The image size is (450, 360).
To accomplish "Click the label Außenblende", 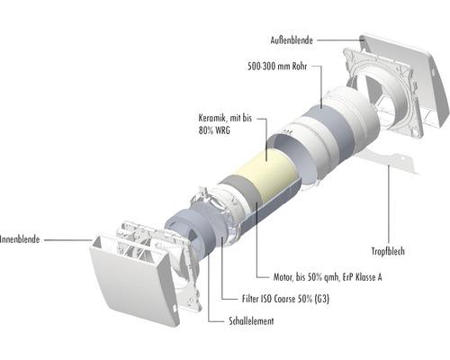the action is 292,40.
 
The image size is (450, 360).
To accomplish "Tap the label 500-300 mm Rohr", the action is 277,67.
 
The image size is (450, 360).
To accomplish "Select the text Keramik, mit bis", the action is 225,118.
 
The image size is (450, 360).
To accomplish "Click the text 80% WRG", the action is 214,130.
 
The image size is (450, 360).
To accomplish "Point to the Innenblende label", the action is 20,239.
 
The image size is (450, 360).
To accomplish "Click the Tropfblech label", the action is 388,251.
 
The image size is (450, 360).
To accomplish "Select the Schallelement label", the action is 251,321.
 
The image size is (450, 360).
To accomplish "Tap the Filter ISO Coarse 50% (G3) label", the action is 285,299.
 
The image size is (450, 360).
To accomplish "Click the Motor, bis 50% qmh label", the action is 310,277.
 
